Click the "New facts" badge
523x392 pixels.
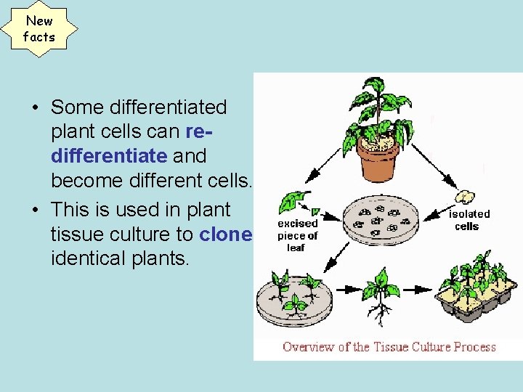point(38,29)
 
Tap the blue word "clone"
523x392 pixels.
point(225,234)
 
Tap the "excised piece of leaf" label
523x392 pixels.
point(298,235)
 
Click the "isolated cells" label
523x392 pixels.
point(469,219)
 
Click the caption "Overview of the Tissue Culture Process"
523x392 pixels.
point(389,346)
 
